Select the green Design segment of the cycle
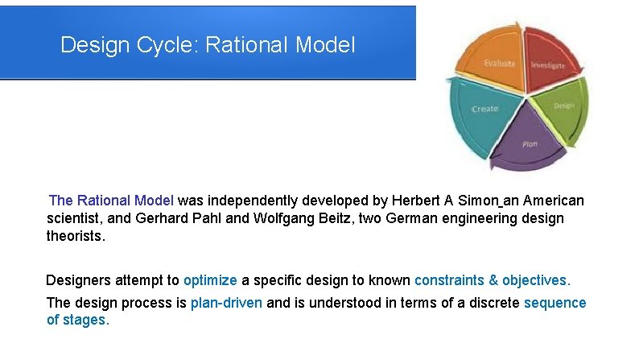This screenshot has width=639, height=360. pyautogui.click(x=565, y=107)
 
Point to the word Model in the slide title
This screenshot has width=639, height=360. pyautogui.click(x=324, y=44)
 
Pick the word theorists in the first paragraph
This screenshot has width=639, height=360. pyautogui.click(x=76, y=237)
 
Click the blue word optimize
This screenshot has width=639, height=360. pyautogui.click(x=210, y=280)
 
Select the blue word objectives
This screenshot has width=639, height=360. pyautogui.click(x=536, y=280)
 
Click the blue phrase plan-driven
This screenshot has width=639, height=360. pyautogui.click(x=226, y=303)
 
